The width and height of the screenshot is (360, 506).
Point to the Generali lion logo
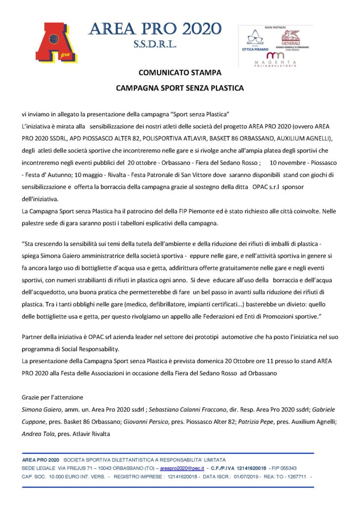[x=290, y=37]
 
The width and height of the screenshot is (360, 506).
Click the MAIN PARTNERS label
[x=275, y=29]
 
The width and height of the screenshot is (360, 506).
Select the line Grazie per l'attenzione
[x=52, y=397]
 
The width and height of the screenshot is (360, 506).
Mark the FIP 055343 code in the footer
[x=286, y=467]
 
